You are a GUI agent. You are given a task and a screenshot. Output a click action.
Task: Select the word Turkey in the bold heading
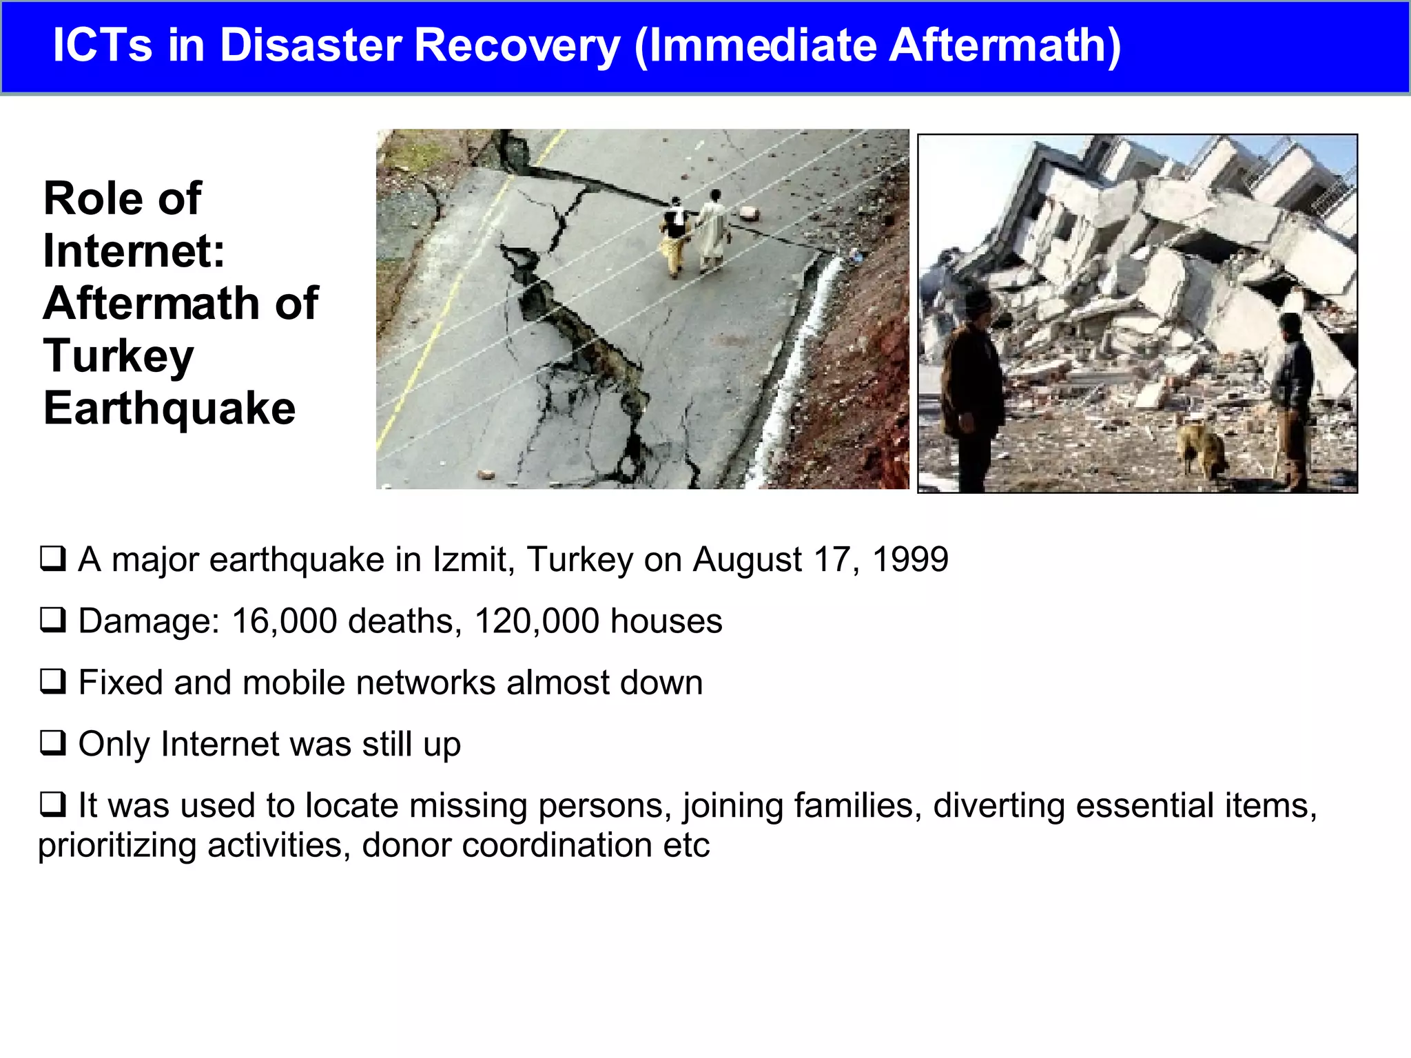coord(119,356)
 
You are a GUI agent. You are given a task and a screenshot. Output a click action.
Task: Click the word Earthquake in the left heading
coord(169,408)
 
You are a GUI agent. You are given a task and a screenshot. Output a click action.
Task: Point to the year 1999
coord(910,559)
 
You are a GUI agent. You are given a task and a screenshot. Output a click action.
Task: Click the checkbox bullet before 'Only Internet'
coord(53,743)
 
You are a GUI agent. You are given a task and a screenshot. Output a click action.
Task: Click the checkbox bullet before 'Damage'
coord(53,620)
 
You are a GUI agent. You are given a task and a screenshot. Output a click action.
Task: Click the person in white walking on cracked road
coord(713,231)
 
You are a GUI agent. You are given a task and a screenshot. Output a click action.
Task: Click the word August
coord(747,559)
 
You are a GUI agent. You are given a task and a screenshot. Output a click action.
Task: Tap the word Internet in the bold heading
coord(134,251)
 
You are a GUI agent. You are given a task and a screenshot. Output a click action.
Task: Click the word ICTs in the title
coord(102,45)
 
